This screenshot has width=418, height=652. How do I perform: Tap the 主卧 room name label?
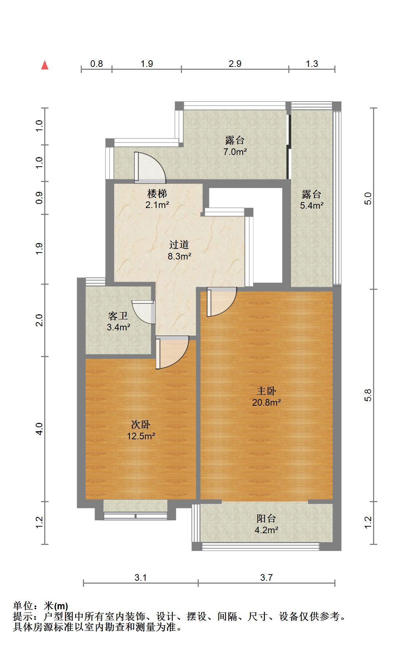(266, 391)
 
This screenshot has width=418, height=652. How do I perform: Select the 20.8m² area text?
(266, 403)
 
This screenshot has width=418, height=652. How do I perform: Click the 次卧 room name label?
(141, 425)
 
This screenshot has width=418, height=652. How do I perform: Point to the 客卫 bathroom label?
(118, 316)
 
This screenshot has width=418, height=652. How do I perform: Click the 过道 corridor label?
(179, 244)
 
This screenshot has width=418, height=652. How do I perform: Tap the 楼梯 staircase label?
(157, 193)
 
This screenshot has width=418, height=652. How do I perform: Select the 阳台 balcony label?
(266, 519)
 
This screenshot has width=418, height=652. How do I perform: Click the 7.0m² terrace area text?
(235, 152)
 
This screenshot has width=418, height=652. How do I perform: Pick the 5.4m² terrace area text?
(312, 205)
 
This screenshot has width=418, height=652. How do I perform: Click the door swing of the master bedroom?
(221, 302)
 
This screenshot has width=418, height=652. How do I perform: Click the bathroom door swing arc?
(143, 312)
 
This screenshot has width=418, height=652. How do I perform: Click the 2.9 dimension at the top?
(235, 64)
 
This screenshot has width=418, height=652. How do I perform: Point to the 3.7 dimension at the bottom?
(266, 578)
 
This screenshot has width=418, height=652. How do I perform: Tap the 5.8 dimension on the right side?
(368, 395)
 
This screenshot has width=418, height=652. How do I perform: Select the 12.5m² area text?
(141, 436)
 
